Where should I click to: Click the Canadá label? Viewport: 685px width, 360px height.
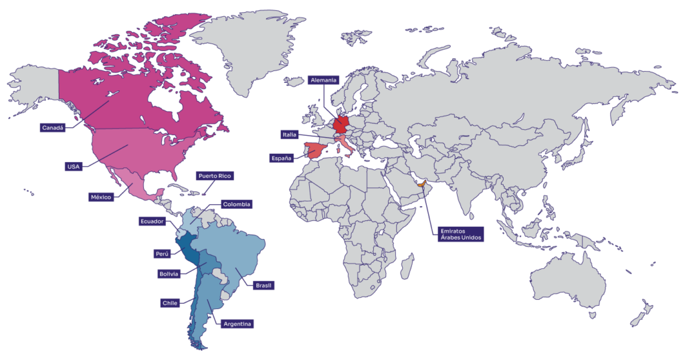click(54, 127)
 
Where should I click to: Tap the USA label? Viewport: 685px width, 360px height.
click(73, 166)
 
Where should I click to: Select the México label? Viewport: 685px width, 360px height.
click(101, 197)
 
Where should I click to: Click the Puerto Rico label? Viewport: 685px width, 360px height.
click(214, 176)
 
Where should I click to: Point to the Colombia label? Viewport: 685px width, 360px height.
click(237, 204)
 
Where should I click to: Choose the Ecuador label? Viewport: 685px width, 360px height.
click(151, 221)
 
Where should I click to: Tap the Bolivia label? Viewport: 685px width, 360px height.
click(169, 274)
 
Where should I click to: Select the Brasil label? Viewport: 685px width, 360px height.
click(264, 286)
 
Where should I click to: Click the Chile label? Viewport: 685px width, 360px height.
click(170, 303)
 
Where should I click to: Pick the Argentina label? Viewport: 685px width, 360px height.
click(237, 324)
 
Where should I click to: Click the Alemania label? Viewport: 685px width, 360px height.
click(324, 80)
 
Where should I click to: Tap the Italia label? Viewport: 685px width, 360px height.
click(290, 134)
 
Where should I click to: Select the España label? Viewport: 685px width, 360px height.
click(281, 158)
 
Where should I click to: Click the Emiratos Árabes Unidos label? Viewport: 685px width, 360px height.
click(461, 235)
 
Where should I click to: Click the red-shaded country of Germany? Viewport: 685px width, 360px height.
click(340, 125)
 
